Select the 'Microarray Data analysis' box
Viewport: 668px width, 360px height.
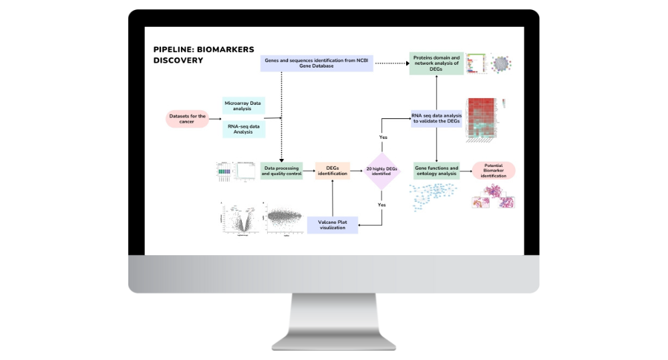[243, 106]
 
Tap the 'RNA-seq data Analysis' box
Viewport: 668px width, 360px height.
[243, 128]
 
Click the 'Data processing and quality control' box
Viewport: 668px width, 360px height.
[281, 170]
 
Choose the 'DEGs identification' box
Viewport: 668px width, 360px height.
[331, 170]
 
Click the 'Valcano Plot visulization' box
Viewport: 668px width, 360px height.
[332, 225]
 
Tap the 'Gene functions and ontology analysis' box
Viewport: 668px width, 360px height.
[436, 170]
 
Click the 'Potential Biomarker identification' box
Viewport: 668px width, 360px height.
[494, 170]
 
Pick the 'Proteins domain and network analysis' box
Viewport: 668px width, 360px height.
[436, 63]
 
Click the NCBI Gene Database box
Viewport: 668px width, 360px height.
[316, 63]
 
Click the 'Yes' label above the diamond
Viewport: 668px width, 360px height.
[383, 137]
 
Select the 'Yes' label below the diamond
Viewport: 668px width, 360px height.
[381, 204]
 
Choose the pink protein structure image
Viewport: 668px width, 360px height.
[494, 196]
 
